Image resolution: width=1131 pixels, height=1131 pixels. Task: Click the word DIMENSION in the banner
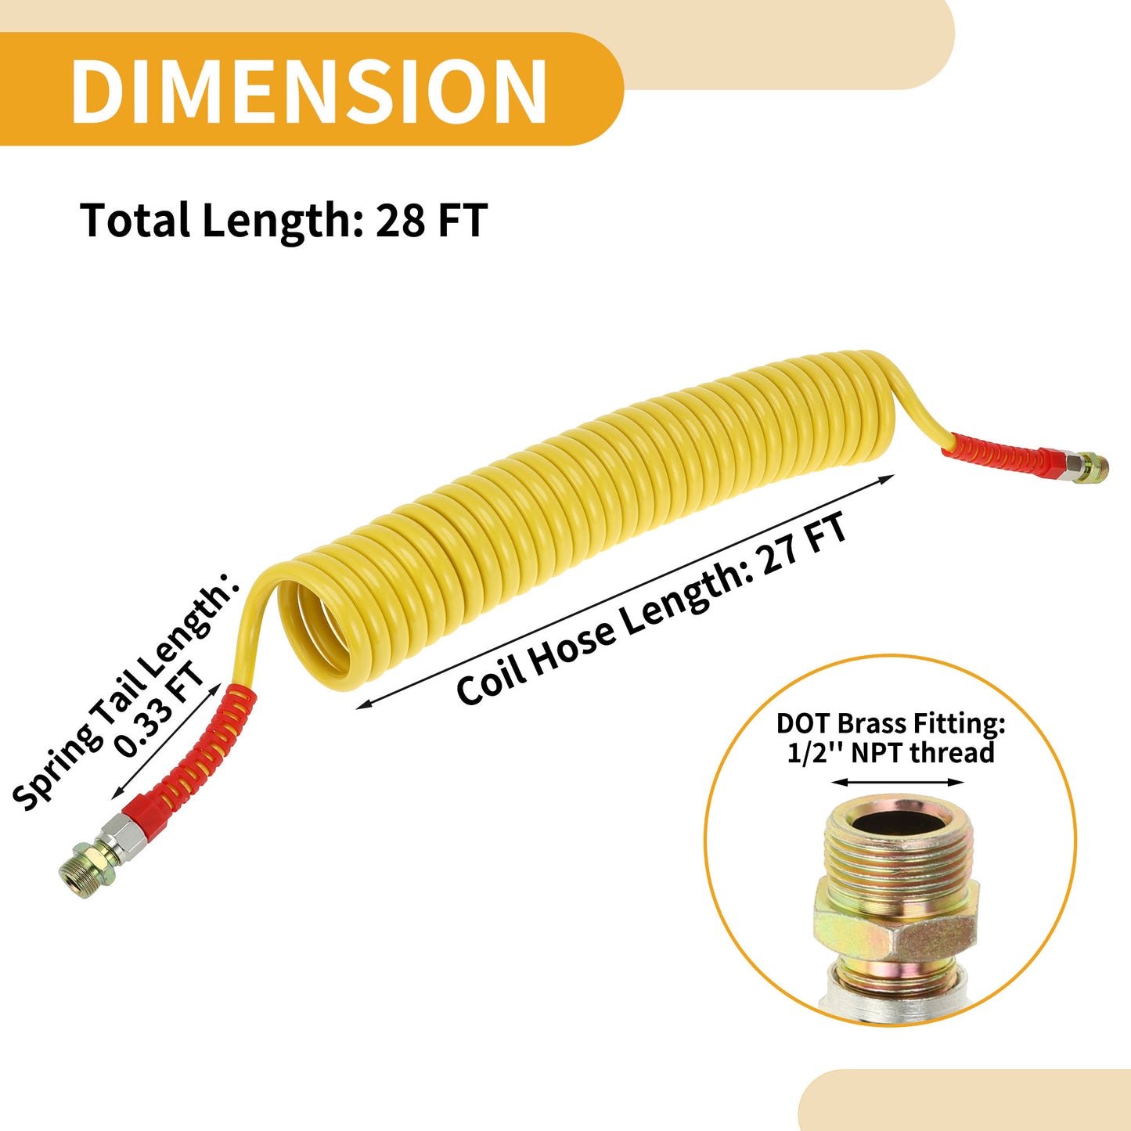click(x=309, y=90)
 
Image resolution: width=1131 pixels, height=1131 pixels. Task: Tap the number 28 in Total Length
click(x=400, y=220)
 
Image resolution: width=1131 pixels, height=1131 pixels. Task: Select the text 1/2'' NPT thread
click(x=891, y=752)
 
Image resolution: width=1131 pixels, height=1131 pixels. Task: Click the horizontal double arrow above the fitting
click(x=898, y=782)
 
